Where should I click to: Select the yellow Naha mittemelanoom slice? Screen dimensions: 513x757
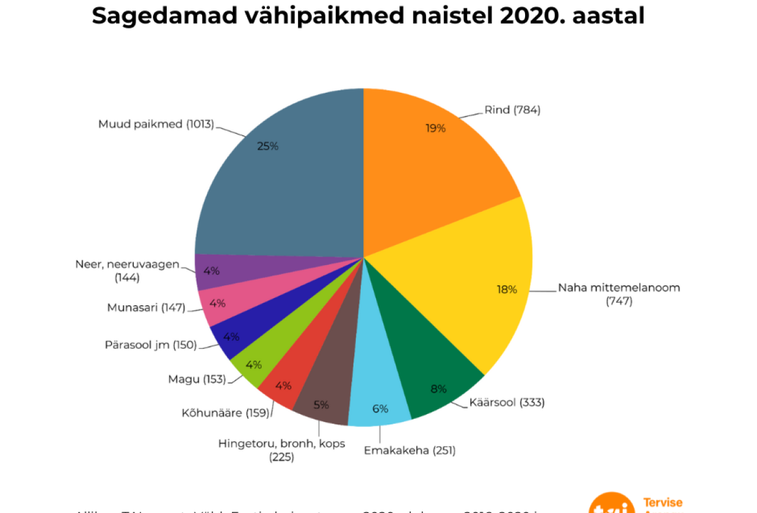click(464, 287)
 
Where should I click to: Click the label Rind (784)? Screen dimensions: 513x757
click(512, 111)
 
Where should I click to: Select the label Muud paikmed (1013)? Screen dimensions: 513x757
click(156, 124)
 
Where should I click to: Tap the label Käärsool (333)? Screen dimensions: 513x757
click(507, 402)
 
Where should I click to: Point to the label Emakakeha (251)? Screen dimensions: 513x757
click(410, 451)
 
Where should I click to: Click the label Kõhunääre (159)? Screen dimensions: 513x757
click(225, 413)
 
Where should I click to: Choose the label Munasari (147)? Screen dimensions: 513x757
click(146, 308)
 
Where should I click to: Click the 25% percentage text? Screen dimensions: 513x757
click(268, 146)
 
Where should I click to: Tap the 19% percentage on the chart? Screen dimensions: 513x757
click(436, 128)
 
